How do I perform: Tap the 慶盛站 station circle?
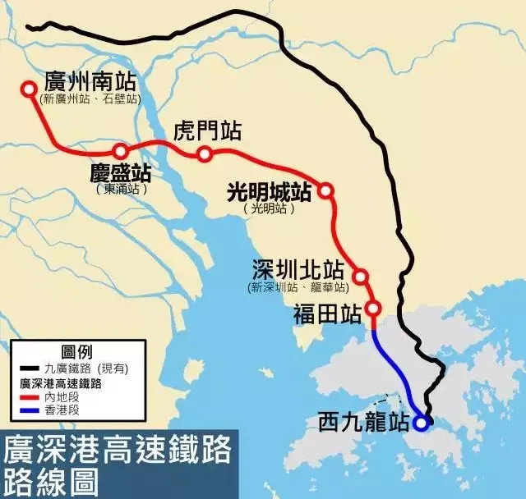tap(121, 151)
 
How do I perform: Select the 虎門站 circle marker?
tap(205, 154)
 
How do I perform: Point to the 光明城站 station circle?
tap(326, 190)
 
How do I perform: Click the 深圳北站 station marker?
tap(360, 277)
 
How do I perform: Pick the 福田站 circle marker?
tap(373, 309)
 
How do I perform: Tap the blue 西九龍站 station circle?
tap(421, 423)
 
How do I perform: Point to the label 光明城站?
tap(269, 192)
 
